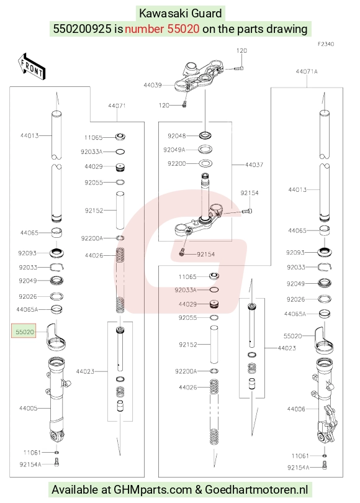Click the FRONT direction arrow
32,66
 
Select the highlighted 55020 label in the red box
24,332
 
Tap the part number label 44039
152,85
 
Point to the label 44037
254,165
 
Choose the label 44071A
307,71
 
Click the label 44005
28,408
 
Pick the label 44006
296,409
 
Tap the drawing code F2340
326,44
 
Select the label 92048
177,136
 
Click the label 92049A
174,150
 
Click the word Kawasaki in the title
162,14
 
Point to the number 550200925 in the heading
82,29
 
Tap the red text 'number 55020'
162,29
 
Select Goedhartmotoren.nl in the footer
256,490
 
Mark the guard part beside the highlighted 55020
56,337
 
